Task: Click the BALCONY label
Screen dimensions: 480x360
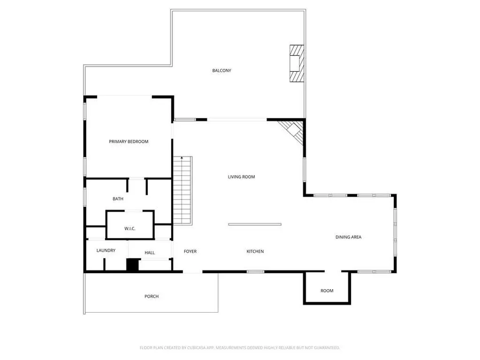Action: click(x=221, y=70)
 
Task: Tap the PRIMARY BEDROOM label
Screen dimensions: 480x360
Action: click(x=129, y=141)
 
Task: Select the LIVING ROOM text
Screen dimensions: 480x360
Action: click(x=241, y=176)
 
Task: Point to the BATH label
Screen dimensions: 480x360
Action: click(x=118, y=199)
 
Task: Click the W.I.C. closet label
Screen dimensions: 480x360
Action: click(x=130, y=229)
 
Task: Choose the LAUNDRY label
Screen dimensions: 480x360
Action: click(x=106, y=251)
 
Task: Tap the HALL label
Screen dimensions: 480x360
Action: click(x=150, y=253)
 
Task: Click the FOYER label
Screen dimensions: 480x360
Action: click(x=190, y=251)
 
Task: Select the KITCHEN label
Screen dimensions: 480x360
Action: click(x=255, y=251)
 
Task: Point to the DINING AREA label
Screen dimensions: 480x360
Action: click(x=348, y=237)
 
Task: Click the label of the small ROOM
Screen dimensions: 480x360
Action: click(x=327, y=291)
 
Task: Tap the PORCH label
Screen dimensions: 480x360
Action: click(x=152, y=296)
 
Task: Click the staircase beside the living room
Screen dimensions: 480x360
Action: click(x=183, y=191)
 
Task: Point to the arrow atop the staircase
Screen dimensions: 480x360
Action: click(x=182, y=158)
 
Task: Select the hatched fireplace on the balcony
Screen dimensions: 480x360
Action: click(x=297, y=64)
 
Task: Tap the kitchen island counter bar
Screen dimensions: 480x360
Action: click(x=255, y=224)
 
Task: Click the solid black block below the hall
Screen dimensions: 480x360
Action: click(x=132, y=265)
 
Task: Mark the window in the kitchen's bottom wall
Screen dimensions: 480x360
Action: click(x=256, y=272)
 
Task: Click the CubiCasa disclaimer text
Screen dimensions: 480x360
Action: click(x=240, y=348)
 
